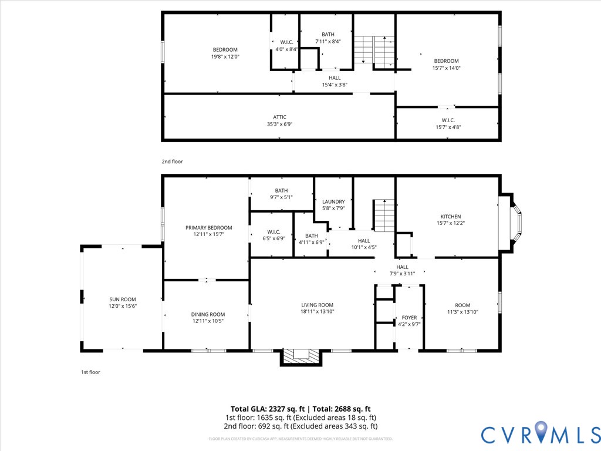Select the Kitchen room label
point(450,217)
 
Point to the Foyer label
point(409,318)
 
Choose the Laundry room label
point(333,202)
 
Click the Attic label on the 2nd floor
point(279,117)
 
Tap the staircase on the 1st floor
point(384,216)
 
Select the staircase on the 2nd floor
point(374,50)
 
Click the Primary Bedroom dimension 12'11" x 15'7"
point(208,234)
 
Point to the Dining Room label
point(208,314)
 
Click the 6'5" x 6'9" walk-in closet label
point(273,238)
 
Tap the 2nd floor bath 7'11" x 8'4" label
point(327,42)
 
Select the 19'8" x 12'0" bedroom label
point(225,56)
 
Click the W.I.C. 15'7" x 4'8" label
point(448,127)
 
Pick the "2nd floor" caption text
point(172,161)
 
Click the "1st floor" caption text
point(90,372)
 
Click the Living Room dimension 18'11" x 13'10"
point(317,312)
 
